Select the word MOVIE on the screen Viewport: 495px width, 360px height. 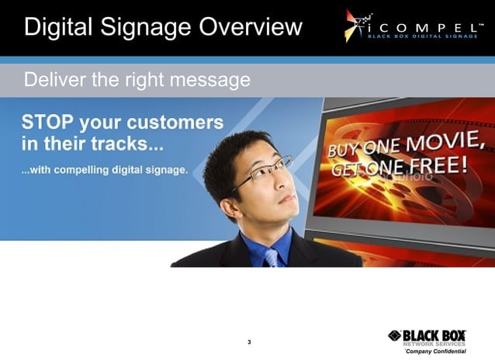pyautogui.click(x=451, y=143)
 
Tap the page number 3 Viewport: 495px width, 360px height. pyautogui.click(x=248, y=342)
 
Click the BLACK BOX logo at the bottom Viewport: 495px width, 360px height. pyautogui.click(x=427, y=334)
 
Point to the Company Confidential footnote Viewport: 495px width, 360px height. pyautogui.click(x=435, y=351)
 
